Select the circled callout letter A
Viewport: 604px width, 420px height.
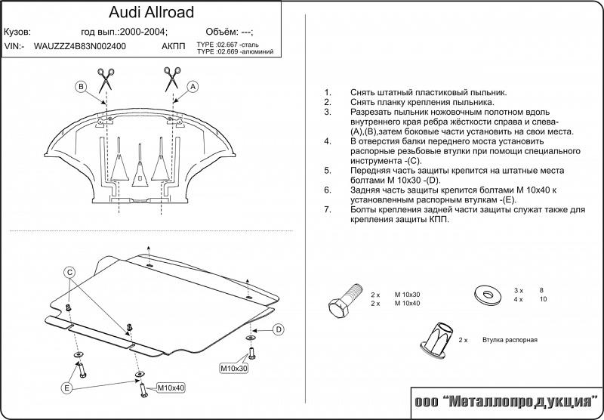tap(193, 88)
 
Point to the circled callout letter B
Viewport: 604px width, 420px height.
tap(81, 88)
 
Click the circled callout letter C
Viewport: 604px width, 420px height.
tap(69, 273)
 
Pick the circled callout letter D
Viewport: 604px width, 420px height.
tap(278, 329)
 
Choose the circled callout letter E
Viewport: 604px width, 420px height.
tap(67, 388)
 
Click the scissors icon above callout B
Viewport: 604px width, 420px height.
tap(104, 76)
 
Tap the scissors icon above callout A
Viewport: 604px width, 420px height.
tap(171, 76)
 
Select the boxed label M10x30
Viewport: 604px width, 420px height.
tap(233, 369)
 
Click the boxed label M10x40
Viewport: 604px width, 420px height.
tap(171, 388)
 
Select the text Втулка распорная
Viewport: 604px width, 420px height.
tap(510, 341)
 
